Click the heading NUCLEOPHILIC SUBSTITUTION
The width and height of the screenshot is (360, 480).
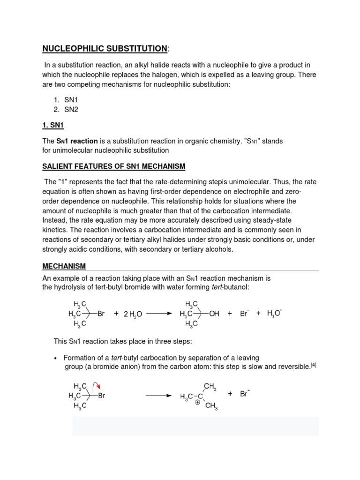click(x=105, y=48)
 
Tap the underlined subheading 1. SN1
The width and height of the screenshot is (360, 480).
click(x=53, y=125)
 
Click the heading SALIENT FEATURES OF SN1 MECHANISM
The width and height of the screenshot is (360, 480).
click(x=114, y=166)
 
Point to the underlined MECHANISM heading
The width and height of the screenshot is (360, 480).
click(x=64, y=266)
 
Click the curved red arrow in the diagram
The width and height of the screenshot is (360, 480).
click(x=96, y=386)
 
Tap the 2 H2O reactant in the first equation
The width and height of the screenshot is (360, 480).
click(x=133, y=314)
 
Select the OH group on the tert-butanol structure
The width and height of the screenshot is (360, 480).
click(x=214, y=314)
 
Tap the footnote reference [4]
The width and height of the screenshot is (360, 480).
click(x=314, y=365)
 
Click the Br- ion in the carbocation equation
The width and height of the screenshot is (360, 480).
click(x=244, y=394)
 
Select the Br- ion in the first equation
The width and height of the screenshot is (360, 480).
click(x=244, y=314)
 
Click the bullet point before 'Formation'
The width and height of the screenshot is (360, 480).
click(x=57, y=358)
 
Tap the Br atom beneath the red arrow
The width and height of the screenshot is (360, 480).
click(x=101, y=396)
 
